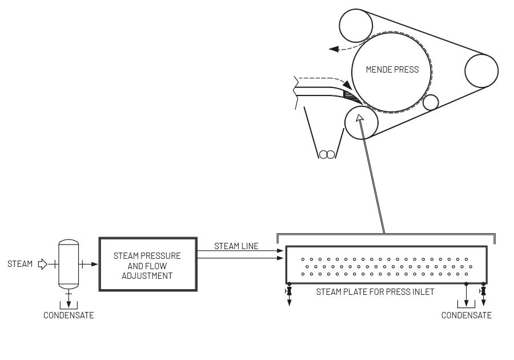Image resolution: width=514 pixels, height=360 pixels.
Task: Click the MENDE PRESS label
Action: click(392, 70)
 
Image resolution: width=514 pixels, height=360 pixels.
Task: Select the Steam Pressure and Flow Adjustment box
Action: click(148, 265)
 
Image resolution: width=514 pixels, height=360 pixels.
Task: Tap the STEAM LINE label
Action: click(236, 246)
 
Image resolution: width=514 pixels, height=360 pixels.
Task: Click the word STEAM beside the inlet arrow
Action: click(20, 264)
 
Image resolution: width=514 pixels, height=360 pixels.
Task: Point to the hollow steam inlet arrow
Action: click(42, 264)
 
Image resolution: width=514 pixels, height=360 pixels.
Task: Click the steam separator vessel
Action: click(69, 264)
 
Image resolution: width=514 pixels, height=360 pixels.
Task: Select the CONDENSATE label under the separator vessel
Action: click(69, 315)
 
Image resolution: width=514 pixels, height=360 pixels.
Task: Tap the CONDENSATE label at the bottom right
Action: click(466, 315)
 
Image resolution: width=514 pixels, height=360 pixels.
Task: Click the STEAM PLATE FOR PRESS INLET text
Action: click(375, 292)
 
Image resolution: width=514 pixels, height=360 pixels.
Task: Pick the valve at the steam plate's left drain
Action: click(289, 292)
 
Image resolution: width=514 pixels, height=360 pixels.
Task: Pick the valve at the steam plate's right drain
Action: click(483, 291)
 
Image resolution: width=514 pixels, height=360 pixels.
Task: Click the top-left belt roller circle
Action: click(356, 26)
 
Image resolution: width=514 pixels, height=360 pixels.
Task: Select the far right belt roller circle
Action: click(481, 71)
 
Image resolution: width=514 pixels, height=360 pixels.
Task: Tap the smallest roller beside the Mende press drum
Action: click(430, 102)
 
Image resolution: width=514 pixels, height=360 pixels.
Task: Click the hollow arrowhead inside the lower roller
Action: click(359, 118)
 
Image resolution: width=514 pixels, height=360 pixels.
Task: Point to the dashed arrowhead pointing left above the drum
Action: click(334, 49)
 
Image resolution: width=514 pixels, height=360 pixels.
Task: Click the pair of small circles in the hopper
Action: click(327, 154)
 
